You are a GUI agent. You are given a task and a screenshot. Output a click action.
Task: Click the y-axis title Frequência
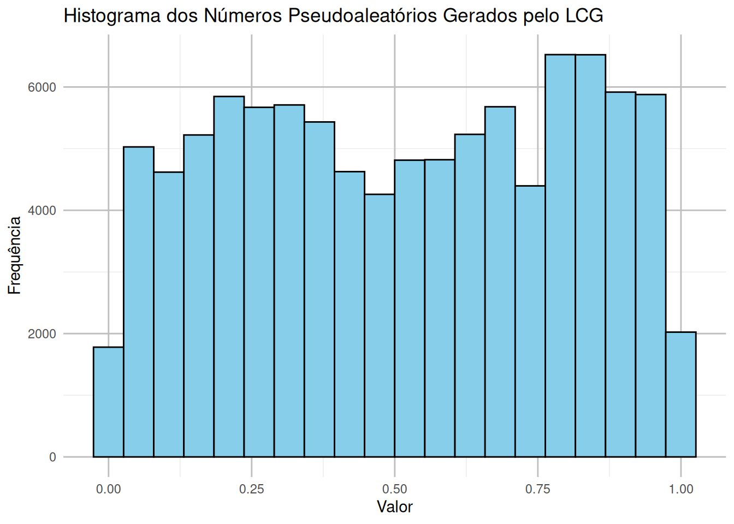[x=15, y=255]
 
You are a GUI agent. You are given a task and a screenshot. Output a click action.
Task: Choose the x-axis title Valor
[x=394, y=507]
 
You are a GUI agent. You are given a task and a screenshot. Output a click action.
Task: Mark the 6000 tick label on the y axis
[x=42, y=87]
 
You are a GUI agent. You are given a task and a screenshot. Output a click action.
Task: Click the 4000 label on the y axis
[x=42, y=211]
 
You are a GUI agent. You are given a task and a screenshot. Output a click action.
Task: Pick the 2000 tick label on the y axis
[x=42, y=334]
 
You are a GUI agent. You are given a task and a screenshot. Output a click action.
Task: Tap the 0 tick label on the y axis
[x=52, y=457]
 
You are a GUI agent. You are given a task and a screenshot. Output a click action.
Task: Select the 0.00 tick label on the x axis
[x=108, y=489]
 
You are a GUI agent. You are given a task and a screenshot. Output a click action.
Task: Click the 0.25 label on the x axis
[x=251, y=489]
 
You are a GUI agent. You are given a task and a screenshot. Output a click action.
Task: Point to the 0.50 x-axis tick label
[x=394, y=489]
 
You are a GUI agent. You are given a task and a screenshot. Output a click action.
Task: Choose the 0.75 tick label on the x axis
[x=537, y=489]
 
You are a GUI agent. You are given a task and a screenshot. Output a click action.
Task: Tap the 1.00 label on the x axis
[x=680, y=489]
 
